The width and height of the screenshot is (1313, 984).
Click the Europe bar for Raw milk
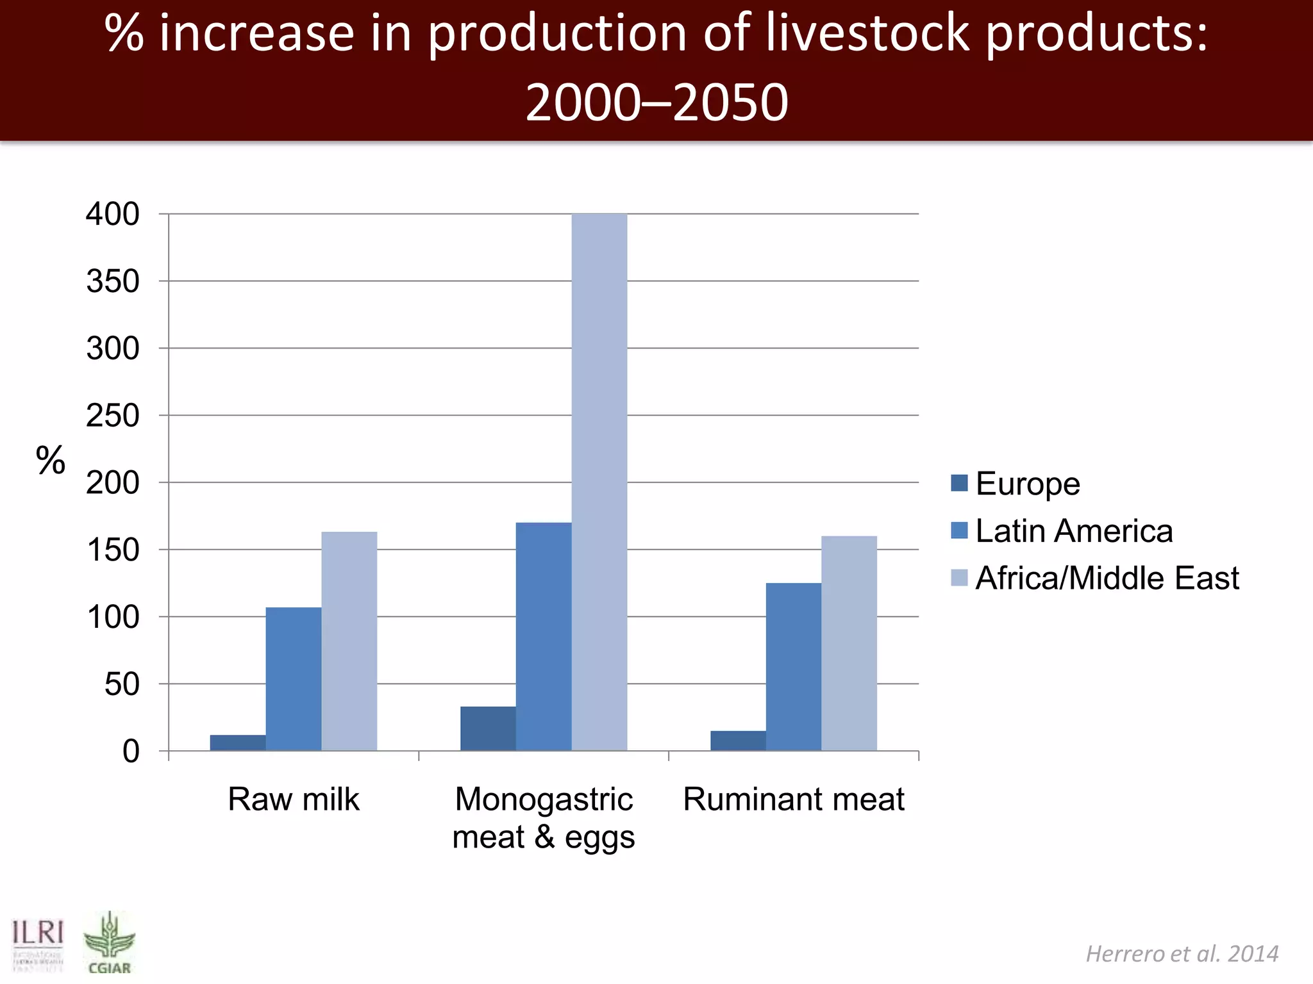click(x=238, y=743)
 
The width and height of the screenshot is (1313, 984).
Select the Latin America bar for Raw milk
click(x=294, y=679)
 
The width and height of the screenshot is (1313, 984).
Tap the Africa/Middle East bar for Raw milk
click(x=349, y=641)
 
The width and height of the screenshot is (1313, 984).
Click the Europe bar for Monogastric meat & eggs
click(x=488, y=728)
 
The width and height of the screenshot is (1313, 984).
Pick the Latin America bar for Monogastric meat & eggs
click(x=544, y=637)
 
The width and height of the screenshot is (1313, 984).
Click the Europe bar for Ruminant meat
click(x=738, y=741)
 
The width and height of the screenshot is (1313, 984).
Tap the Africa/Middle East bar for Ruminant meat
click(x=849, y=643)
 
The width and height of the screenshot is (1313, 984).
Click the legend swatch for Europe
click(x=959, y=483)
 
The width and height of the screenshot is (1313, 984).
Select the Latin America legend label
click(x=1074, y=531)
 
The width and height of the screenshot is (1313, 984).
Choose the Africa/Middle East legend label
click(x=1107, y=578)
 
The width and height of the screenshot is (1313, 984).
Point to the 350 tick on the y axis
click(x=113, y=281)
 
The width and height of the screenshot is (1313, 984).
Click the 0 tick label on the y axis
click(x=131, y=751)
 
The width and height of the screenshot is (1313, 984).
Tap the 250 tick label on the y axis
click(x=113, y=416)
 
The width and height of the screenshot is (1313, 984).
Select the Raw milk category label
click(x=294, y=799)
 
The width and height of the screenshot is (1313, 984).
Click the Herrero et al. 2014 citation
click(x=1182, y=954)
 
